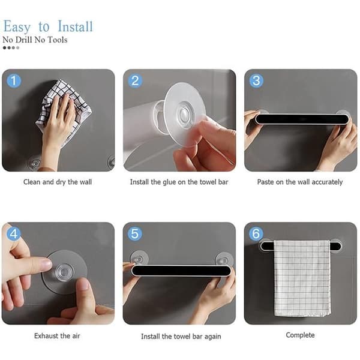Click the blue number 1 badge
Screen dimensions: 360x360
pos(14,80)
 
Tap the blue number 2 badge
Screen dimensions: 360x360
pos(135,80)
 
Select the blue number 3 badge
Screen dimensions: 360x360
pos(256,80)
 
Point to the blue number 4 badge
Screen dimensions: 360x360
pos(14,233)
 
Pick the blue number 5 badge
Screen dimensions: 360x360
pos(135,233)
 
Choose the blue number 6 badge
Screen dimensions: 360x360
pos(256,233)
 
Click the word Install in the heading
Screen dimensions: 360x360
pos(75,26)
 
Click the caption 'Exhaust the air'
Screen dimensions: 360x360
pos(57,336)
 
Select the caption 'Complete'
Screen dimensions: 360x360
pos(301,335)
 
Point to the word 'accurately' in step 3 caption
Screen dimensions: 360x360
pos(327,182)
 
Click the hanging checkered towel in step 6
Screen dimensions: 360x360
pos(302,278)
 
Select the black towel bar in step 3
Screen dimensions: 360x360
pos(302,119)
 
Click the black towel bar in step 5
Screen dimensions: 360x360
pos(181,271)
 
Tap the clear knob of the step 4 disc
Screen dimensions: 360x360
pos(65,272)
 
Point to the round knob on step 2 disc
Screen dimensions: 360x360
pos(184,114)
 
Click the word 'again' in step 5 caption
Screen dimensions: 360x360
pos(212,337)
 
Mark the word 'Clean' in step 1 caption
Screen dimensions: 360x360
pos(32,182)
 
